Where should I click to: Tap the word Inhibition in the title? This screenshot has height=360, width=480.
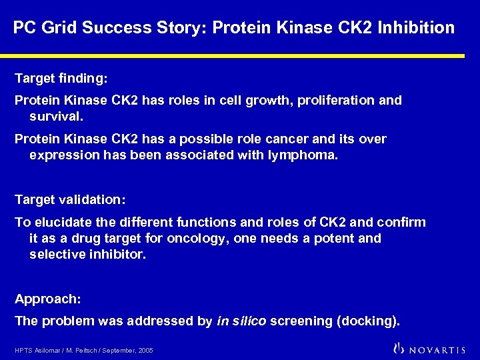click(417, 28)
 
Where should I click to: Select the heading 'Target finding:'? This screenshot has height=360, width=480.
click(61, 79)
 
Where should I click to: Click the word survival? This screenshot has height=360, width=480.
click(56, 117)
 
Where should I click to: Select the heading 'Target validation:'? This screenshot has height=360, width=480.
click(70, 200)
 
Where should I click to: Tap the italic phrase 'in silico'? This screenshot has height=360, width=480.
click(241, 321)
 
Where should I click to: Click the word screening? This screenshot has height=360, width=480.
click(302, 321)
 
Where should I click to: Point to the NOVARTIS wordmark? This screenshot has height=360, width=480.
click(438, 349)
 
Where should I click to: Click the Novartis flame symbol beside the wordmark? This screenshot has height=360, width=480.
click(399, 348)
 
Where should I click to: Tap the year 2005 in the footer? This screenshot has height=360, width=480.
click(146, 351)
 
